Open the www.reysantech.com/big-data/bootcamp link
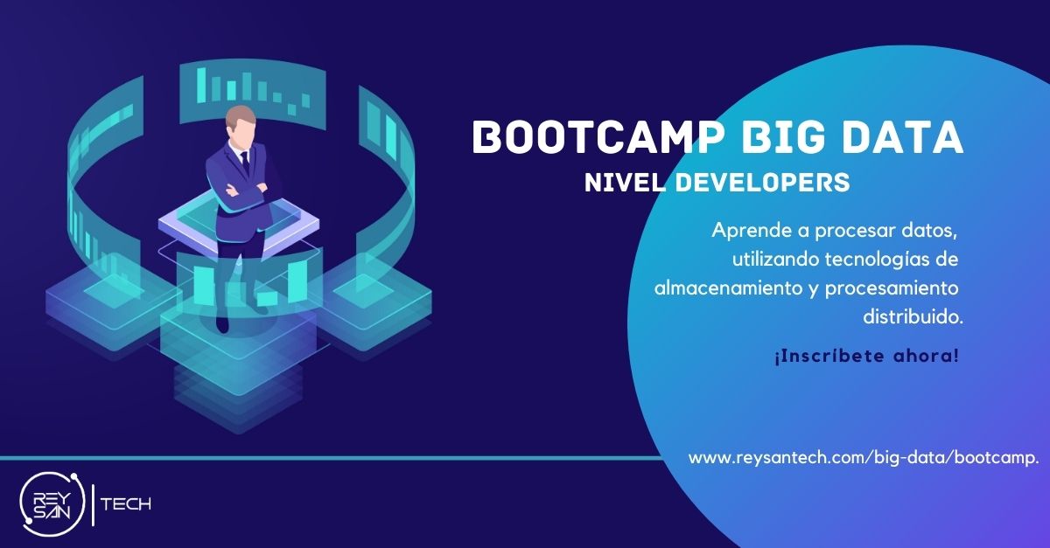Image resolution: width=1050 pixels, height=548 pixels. tap(862, 458)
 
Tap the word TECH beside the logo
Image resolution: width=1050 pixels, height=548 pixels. tap(127, 504)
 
